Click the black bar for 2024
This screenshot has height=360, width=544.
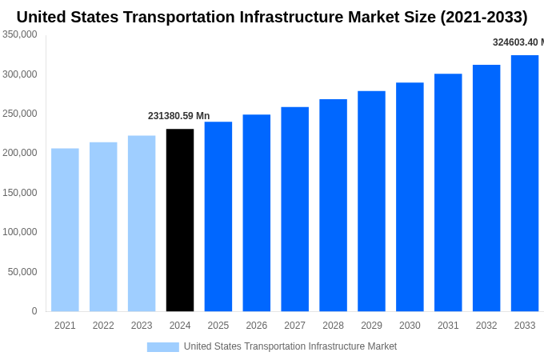click(180, 220)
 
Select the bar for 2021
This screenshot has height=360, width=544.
click(65, 230)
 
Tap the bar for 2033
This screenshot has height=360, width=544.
click(525, 183)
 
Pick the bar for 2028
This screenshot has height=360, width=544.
click(333, 205)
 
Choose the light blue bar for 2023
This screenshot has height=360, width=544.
click(142, 223)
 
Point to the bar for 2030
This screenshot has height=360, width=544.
click(410, 197)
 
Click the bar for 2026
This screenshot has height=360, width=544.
click(257, 213)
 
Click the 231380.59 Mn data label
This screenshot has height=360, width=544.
click(178, 116)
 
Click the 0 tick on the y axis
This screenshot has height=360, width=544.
click(34, 311)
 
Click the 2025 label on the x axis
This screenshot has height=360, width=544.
click(218, 326)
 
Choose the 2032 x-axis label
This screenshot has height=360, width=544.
click(486, 326)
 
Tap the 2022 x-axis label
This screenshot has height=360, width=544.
click(103, 326)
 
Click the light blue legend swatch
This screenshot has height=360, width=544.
click(162, 346)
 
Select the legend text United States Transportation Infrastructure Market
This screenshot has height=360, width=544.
click(290, 346)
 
